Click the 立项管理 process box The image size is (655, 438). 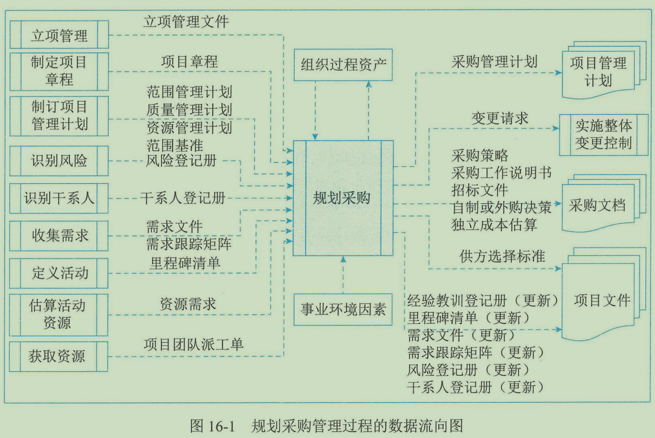click(x=59, y=35)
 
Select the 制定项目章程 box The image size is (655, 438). click(x=59, y=71)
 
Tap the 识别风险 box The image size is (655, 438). click(x=59, y=161)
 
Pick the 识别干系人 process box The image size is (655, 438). click(x=59, y=198)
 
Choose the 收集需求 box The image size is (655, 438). click(x=59, y=235)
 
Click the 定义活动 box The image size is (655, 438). click(x=59, y=273)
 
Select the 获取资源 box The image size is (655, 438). click(x=58, y=356)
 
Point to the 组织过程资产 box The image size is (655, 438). click(x=343, y=65)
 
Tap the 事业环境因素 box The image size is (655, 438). click(x=343, y=309)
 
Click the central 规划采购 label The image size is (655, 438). click(x=342, y=198)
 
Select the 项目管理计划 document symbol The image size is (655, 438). click(x=598, y=72)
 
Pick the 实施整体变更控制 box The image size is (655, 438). click(x=603, y=134)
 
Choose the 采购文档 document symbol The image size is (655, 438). click(x=598, y=206)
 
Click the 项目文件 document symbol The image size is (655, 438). click(x=602, y=300)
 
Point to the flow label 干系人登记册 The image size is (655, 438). click(x=183, y=198)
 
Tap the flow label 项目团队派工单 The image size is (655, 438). click(x=193, y=344)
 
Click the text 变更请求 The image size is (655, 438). click(x=500, y=118)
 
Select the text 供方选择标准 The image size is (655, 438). click(x=502, y=256)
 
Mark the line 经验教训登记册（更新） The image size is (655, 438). click(x=483, y=301)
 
